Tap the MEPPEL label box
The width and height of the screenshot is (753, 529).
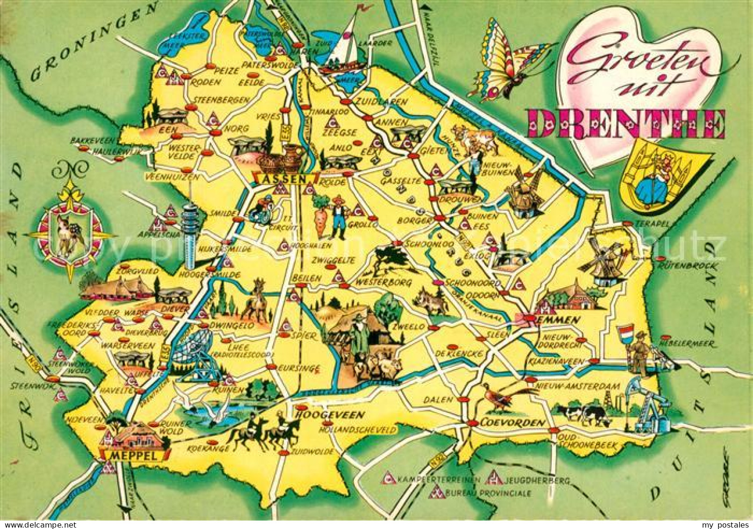133,455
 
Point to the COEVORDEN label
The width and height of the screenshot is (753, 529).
512,423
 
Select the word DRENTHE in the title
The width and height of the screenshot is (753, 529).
626,124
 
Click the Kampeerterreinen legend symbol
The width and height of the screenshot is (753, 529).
388,478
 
